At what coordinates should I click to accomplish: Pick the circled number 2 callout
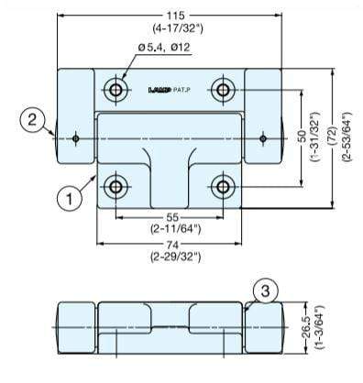(32, 118)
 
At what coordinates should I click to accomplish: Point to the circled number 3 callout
(264, 291)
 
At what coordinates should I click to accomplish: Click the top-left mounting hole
(116, 90)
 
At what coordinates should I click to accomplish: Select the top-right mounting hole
(222, 90)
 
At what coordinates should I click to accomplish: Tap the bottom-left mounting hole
(116, 187)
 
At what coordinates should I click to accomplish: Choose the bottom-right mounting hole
(222, 187)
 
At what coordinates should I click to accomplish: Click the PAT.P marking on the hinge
(183, 90)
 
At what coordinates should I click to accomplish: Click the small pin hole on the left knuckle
(75, 138)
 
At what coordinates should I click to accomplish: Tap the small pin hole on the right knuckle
(262, 138)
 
